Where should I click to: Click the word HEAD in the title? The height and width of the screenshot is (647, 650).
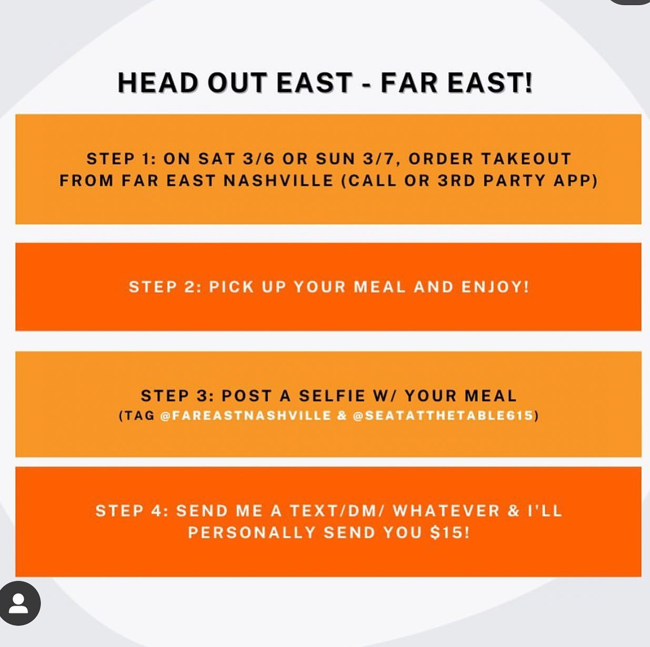[158, 83]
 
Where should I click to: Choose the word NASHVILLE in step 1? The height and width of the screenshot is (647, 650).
[278, 180]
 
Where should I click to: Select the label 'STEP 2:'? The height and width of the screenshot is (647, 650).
[165, 287]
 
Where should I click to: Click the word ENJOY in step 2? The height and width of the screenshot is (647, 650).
[495, 287]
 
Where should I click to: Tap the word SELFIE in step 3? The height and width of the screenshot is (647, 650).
[332, 395]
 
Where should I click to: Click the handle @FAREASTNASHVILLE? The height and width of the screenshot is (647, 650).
[246, 415]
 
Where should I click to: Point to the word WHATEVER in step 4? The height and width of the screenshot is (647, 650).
[446, 510]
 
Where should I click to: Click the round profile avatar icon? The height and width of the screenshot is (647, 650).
[19, 603]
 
